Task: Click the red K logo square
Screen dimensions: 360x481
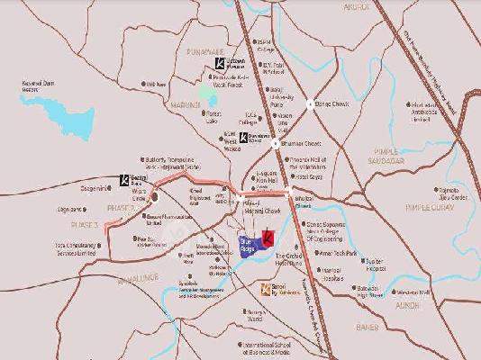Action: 268,239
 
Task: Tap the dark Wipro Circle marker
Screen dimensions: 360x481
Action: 155,196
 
